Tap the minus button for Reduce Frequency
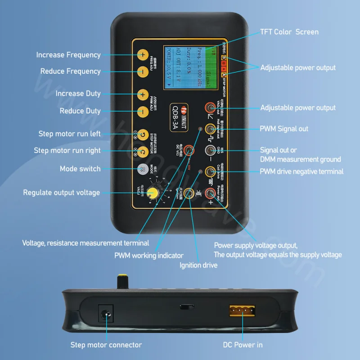pyautogui.click(x=142, y=71)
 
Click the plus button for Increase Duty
pyautogui.click(x=142, y=94)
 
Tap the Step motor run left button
pyautogui.click(x=142, y=134)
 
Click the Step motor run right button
pyautogui.click(x=142, y=151)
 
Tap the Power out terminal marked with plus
pyautogui.click(x=210, y=193)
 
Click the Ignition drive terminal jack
pyautogui.click(x=190, y=193)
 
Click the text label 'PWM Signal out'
pyautogui.click(x=284, y=129)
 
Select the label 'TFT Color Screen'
pyautogui.click(x=289, y=32)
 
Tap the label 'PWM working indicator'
pyautogui.click(x=148, y=255)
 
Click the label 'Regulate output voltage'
pyautogui.click(x=62, y=193)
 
